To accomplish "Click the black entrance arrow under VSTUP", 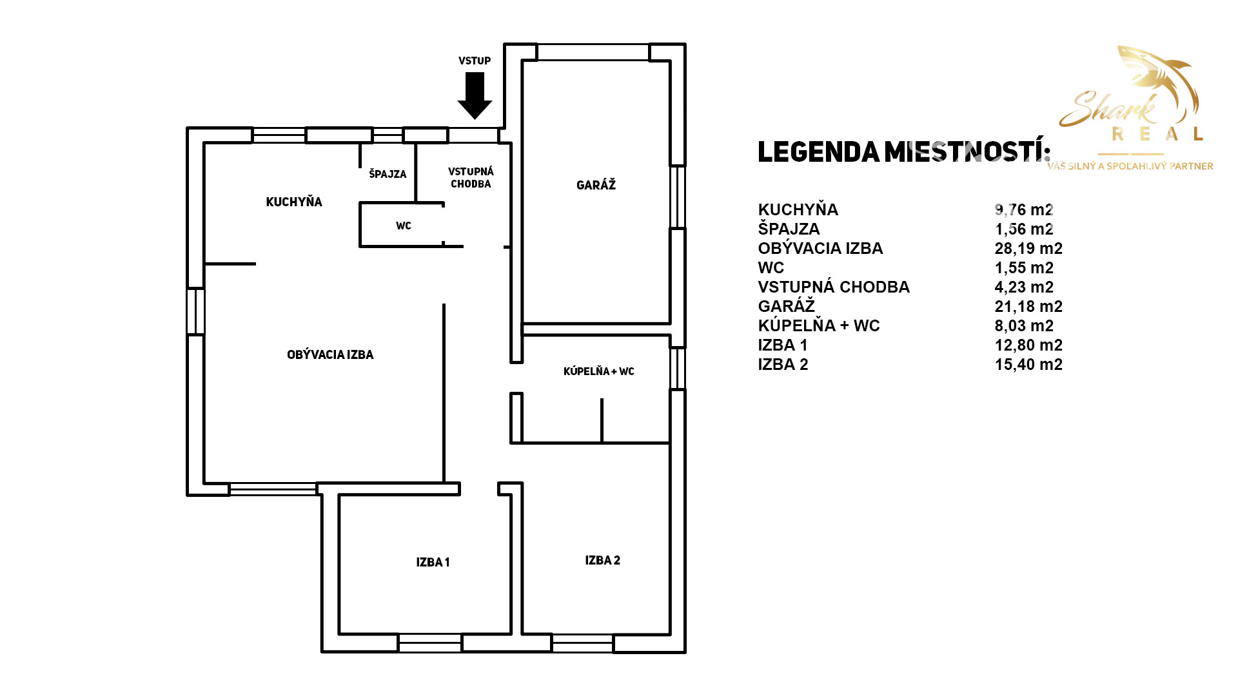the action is coord(475,95).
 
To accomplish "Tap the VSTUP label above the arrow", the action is coord(475,61).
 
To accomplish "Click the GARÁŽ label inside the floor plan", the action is coord(596,185).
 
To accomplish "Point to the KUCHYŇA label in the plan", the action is coord(294,202).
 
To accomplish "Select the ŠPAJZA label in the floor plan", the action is coord(388,173).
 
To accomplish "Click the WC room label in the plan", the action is coord(404,226).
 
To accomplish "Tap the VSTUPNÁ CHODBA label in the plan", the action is coord(471,177).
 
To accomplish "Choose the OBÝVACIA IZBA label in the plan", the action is coord(330,354).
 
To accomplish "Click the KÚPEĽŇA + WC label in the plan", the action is coord(599,371).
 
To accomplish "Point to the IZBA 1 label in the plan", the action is coord(433,562).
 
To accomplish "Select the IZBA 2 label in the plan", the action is coord(602,560).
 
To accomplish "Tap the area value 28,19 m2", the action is coord(1028,248).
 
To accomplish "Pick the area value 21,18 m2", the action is coord(1028,306).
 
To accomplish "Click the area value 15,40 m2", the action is coord(1028,364).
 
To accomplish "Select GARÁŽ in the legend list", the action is coord(787,306).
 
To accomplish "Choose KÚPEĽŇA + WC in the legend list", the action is coord(819,325).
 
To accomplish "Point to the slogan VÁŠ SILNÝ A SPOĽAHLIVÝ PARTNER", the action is coord(1130,166).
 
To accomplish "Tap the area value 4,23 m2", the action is coord(1024,287).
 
